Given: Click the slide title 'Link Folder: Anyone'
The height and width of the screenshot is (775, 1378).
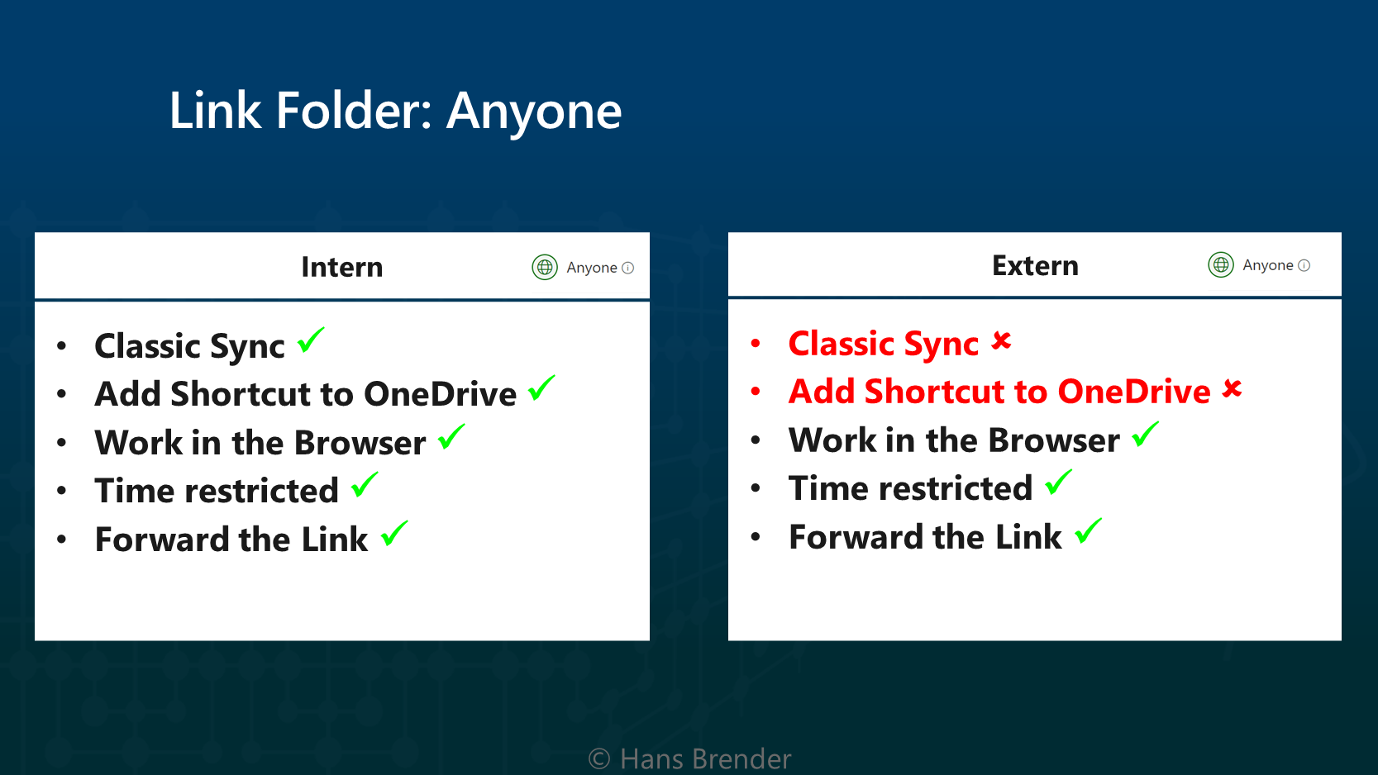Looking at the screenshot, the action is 396,111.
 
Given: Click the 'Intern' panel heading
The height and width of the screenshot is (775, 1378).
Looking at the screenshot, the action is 342,267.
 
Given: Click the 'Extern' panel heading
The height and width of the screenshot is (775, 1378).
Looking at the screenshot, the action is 1035,266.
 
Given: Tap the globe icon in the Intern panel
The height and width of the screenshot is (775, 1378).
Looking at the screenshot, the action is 545,267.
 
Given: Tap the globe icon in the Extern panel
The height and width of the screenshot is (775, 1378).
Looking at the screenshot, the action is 1220,265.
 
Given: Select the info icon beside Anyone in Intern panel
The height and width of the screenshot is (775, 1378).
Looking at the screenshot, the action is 627,268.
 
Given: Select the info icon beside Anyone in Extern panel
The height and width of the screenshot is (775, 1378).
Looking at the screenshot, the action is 1304,265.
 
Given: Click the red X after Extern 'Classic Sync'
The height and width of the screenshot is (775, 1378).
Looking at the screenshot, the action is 1001,340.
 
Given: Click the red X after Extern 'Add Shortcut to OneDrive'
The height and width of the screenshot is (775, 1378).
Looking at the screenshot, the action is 1233,388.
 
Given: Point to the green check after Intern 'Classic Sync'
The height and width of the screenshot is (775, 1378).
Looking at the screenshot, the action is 311,340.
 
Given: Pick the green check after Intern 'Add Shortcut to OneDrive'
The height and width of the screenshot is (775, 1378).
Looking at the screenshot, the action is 541,388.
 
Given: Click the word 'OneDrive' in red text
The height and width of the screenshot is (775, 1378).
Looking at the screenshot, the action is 1134,392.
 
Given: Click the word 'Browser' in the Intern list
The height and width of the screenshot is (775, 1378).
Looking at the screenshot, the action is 360,443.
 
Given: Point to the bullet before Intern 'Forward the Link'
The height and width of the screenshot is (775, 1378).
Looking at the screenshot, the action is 61,540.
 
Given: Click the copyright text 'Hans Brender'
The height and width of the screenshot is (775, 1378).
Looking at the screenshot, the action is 706,759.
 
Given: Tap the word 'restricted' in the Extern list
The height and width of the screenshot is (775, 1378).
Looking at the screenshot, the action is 956,488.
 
